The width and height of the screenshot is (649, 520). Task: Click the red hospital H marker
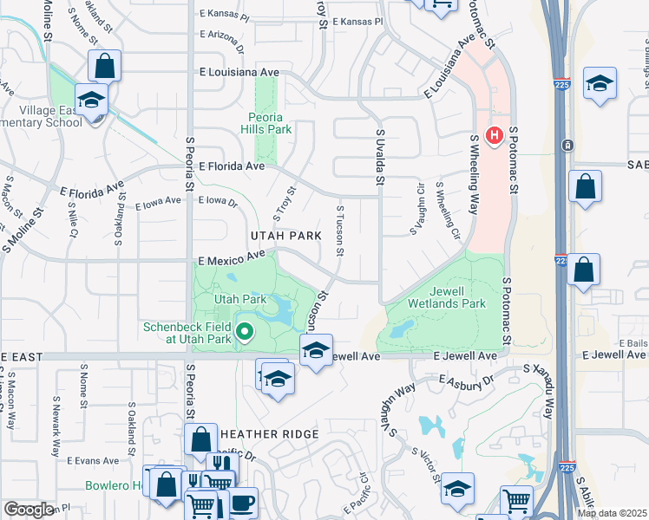495,136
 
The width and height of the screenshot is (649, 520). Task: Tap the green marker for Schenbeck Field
245,330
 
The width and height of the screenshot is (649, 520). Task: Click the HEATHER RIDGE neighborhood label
269,433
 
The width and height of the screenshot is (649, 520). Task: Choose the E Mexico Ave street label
231,257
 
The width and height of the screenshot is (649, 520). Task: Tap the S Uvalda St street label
379,157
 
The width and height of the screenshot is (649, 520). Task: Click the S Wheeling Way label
474,174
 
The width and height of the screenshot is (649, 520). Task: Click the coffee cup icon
242,503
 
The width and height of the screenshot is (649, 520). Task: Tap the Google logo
29,510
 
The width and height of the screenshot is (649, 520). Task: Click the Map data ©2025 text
612,513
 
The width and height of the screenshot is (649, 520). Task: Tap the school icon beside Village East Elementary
90,101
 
